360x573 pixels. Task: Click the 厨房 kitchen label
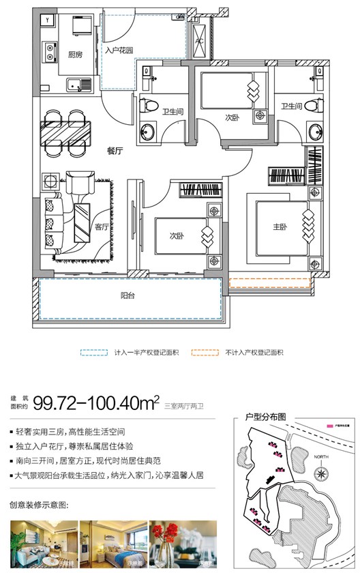click(x=75, y=56)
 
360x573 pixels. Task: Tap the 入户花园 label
click(x=118, y=48)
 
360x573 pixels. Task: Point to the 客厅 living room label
click(x=102, y=227)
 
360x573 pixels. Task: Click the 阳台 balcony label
click(x=126, y=295)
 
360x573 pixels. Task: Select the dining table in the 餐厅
click(x=67, y=132)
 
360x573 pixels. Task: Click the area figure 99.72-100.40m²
click(x=101, y=402)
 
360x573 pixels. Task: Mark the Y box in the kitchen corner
click(x=46, y=21)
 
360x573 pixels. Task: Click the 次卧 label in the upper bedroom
click(x=232, y=117)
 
